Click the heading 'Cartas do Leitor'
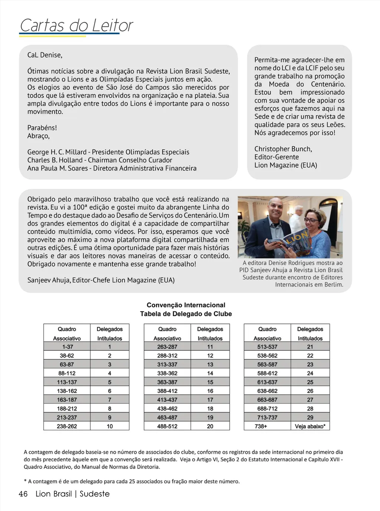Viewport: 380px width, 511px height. [76, 25]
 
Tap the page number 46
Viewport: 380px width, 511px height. [23, 494]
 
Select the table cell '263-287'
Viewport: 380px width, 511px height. [167, 347]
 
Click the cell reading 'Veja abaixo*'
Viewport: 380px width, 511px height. [310, 426]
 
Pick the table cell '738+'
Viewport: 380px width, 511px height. [261, 426]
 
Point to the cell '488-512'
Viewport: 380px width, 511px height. [167, 426]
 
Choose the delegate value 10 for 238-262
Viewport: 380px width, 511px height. [109, 426]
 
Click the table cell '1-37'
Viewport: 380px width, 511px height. [67, 347]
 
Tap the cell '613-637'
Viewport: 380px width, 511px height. [267, 382]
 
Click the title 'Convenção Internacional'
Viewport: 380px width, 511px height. [186, 305]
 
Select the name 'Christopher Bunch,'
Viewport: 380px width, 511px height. [283, 149]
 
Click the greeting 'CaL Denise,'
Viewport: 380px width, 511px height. [45, 55]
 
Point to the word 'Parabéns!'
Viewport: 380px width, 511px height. [42, 128]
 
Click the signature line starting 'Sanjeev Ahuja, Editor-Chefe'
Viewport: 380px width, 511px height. [101, 280]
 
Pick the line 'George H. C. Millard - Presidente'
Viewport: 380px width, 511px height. [108, 152]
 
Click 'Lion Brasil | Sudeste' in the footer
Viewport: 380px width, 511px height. [73, 494]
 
